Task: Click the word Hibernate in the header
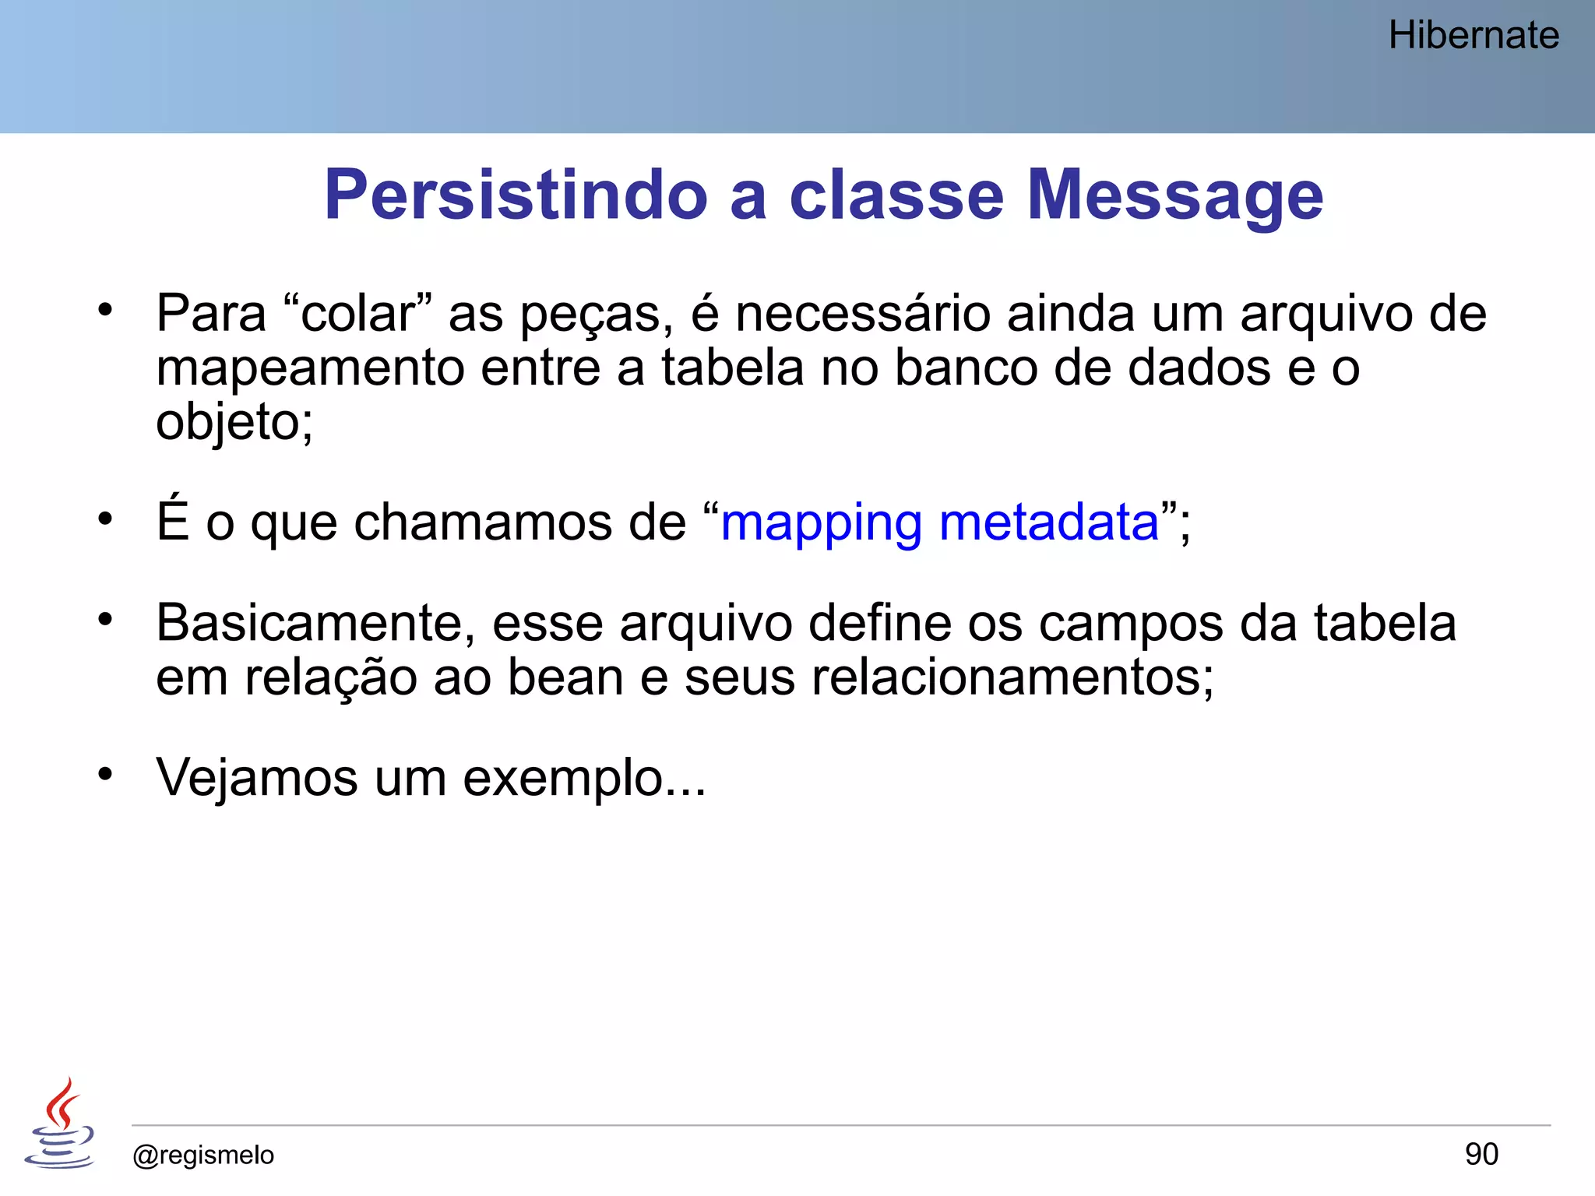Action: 1474,36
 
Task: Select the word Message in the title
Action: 1174,195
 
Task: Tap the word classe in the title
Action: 896,195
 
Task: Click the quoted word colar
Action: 357,314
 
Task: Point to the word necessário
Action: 862,314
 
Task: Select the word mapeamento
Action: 310,368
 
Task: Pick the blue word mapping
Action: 821,522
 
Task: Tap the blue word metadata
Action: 1049,521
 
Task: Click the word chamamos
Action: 482,521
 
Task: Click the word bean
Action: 565,677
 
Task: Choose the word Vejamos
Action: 256,778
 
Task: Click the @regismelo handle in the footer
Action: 203,1155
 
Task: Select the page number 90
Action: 1481,1154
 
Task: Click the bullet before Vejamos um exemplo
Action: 105,774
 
